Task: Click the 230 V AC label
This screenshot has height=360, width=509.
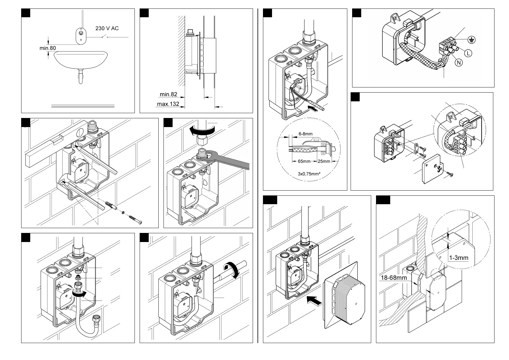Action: pos(107,28)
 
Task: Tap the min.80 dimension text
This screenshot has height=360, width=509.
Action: pos(47,48)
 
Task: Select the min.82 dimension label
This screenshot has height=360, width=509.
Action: pos(168,94)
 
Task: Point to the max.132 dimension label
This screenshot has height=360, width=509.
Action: pos(168,104)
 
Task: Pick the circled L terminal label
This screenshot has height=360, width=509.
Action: pos(468,53)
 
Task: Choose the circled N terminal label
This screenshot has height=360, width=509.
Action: pos(459,63)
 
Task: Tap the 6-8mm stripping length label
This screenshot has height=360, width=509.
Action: pos(305,134)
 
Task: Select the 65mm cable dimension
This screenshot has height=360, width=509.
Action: pos(304,161)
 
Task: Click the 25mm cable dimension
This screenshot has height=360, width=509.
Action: pos(324,161)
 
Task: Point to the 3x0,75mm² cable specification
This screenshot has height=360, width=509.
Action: pos(309,174)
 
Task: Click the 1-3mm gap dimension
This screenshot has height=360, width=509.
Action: pos(459,258)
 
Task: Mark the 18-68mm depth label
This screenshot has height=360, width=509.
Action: pos(393,277)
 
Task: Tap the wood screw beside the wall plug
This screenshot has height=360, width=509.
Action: pos(135,219)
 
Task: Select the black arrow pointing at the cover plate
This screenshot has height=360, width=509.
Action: pos(314,300)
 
